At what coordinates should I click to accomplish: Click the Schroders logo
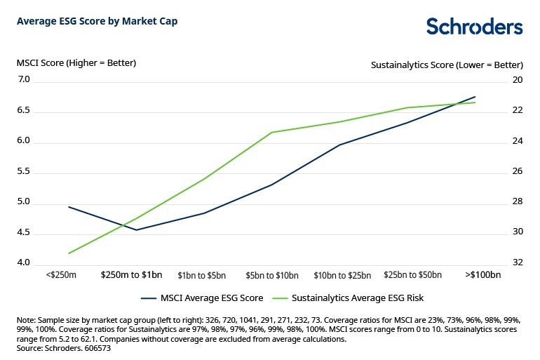(474, 27)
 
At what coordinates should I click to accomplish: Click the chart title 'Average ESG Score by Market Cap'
(97, 21)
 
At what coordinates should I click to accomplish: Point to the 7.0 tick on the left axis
(25, 80)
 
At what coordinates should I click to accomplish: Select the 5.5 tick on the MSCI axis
(25, 173)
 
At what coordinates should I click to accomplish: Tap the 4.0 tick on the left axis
(25, 263)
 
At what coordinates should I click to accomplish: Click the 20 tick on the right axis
(518, 80)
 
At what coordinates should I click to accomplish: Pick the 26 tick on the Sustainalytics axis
(518, 171)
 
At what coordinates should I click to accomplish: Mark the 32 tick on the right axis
(518, 262)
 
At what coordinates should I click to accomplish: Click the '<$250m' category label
(61, 275)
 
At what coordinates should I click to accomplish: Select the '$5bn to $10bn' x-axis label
(272, 275)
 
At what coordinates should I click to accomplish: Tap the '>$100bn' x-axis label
(483, 275)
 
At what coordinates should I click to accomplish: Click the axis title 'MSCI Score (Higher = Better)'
(76, 63)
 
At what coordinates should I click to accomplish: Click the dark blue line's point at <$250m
(69, 207)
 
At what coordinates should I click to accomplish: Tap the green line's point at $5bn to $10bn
(271, 132)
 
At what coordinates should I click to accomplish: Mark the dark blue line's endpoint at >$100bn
(475, 97)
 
